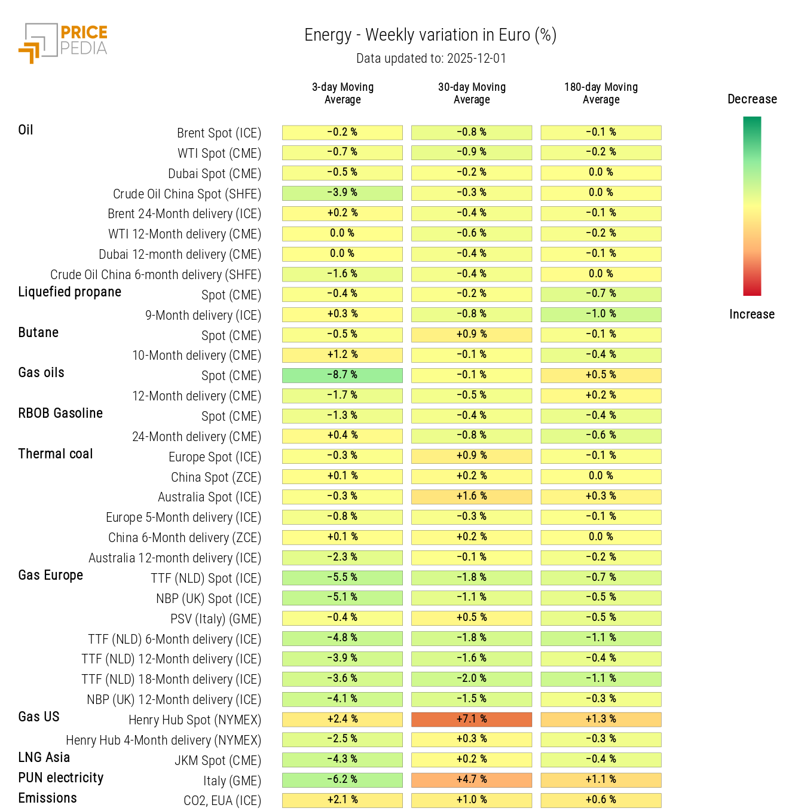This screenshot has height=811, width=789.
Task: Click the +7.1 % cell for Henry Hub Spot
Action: tap(471, 719)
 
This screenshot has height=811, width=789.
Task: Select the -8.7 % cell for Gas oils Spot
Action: tap(342, 375)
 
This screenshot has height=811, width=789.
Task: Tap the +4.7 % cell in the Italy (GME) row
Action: tap(471, 780)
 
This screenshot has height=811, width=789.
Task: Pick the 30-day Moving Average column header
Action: tap(472, 93)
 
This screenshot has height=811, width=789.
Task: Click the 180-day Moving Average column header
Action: tap(601, 93)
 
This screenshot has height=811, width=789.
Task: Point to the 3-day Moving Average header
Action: tap(342, 93)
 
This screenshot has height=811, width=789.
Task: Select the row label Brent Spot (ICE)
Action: tap(219, 133)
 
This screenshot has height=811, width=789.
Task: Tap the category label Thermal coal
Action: tap(56, 454)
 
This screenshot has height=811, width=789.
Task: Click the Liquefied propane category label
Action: tap(69, 292)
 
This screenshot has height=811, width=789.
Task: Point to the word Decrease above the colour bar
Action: tap(752, 99)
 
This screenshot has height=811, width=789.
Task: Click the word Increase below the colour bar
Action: tap(751, 314)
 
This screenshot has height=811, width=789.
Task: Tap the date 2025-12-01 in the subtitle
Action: tap(476, 59)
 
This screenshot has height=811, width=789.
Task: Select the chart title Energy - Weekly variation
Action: tap(430, 35)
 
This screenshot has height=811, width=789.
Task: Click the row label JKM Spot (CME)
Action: tap(218, 760)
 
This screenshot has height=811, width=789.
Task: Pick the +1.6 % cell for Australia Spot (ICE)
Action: tap(471, 497)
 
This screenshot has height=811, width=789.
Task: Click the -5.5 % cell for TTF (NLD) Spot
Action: tap(342, 577)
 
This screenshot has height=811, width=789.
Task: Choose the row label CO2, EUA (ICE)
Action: tap(222, 801)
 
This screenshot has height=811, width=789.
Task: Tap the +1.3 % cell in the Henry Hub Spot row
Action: tap(601, 719)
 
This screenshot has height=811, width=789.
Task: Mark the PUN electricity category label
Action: tap(60, 778)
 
